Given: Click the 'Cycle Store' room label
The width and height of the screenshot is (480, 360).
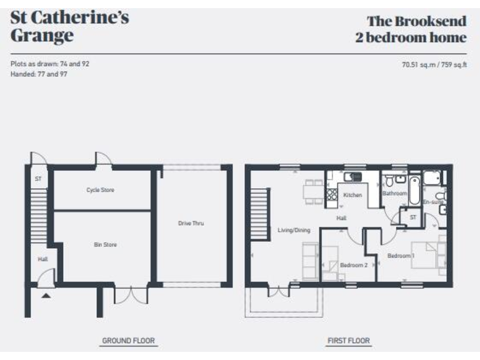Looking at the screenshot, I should click(x=100, y=190).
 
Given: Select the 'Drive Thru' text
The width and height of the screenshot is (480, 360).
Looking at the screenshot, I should click(x=191, y=223).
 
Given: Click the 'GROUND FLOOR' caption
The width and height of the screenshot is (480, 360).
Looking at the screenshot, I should click(x=129, y=341).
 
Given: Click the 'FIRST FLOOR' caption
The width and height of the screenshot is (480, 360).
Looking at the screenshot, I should click(x=348, y=341).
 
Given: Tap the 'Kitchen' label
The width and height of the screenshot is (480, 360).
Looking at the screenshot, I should click(x=352, y=196).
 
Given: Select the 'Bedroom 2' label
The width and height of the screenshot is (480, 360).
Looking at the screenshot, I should click(x=353, y=265).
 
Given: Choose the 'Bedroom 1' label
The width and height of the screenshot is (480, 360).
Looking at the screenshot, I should click(x=400, y=256).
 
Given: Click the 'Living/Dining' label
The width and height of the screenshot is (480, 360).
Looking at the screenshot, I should click(x=294, y=230).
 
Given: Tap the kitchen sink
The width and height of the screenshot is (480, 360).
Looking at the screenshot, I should click(x=354, y=177).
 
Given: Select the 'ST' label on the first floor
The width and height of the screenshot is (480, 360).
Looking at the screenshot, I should click(x=412, y=217).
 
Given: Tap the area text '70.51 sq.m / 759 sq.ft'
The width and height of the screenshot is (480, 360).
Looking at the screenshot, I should click(x=434, y=64).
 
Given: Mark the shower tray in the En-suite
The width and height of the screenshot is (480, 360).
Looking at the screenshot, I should click(x=432, y=180).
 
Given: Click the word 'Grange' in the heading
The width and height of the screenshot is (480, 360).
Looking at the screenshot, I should click(x=41, y=36).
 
